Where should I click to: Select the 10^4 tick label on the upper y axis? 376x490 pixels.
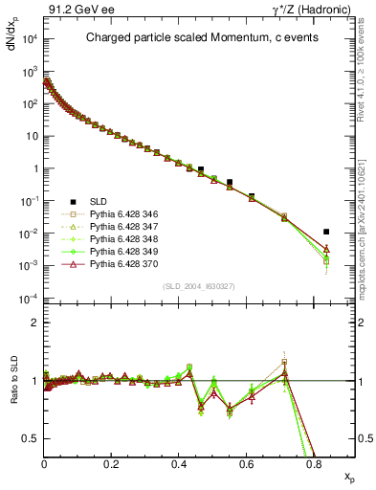pyautogui.click(x=28, y=38)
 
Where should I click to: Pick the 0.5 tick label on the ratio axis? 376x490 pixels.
pyautogui.click(x=31, y=439)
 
